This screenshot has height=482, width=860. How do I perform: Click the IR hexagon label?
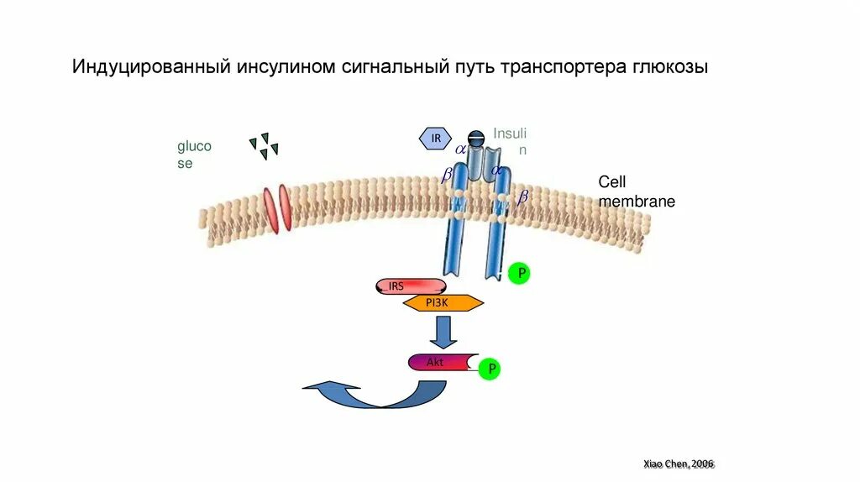coord(436,138)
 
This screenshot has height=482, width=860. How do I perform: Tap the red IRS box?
coord(410,286)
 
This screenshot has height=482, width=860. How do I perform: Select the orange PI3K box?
coord(443,303)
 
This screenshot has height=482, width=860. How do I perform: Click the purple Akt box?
coord(439,362)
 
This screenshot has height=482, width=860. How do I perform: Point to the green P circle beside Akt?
coord(489,369)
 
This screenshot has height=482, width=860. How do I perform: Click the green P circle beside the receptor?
coord(519,273)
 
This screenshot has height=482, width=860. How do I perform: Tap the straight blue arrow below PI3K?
coord(443,332)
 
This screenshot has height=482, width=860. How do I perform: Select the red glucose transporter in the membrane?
coord(277,208)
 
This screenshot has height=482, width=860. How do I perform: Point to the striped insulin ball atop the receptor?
coord(475,139)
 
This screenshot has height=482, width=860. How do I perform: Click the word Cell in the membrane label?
coord(612,182)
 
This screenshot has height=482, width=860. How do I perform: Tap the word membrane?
coord(637,202)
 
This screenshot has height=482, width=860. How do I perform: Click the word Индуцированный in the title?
coord(144,66)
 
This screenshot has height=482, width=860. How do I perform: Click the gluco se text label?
coord(193,155)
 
